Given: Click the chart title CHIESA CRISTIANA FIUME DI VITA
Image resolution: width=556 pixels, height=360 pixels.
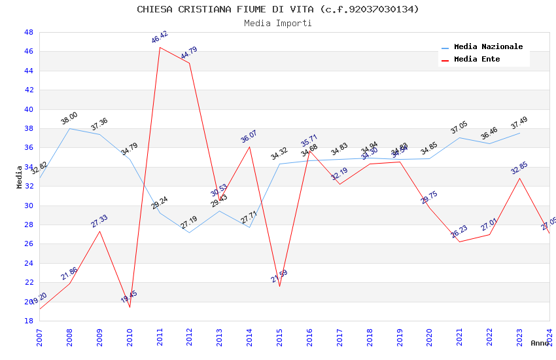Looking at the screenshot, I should [278, 9].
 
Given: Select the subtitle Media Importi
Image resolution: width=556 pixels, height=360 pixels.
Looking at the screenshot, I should [278, 24].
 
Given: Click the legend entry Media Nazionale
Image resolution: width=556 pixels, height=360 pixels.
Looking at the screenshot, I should [488, 47].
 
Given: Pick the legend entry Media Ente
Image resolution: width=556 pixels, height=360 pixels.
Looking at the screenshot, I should [477, 60].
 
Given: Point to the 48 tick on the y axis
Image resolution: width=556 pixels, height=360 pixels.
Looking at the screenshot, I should [29, 32].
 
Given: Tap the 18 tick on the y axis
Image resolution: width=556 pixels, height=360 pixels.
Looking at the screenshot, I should [29, 321].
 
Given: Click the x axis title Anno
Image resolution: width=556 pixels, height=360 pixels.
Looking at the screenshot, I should [540, 343].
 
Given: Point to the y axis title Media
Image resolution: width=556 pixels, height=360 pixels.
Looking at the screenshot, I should [20, 177].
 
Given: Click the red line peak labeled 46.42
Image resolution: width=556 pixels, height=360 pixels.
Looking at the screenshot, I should [160, 47].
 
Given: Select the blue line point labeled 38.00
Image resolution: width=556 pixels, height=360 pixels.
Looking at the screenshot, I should [69, 128].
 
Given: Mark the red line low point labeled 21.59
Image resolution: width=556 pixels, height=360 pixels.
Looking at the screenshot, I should [279, 286].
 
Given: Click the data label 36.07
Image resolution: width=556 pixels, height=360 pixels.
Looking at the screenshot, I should [249, 137].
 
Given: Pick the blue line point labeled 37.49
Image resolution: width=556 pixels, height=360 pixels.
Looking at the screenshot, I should [519, 133].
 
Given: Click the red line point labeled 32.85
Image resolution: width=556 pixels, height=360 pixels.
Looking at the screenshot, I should [519, 178].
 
